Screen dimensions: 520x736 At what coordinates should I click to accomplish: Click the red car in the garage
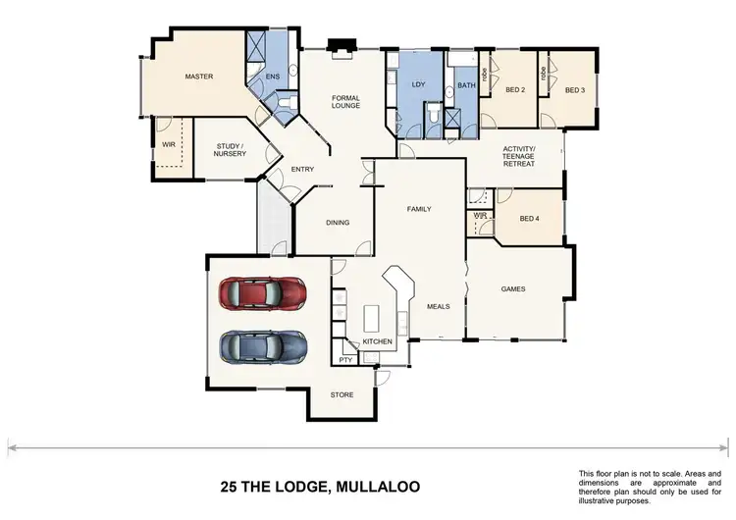coord(262,293)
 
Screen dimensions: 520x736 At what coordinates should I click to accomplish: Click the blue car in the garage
coord(262,346)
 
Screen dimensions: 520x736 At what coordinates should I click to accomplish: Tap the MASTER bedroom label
coord(199,77)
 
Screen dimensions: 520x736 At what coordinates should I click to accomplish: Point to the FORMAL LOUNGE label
coord(345,101)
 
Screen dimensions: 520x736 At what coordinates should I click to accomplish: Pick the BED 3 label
coord(574,90)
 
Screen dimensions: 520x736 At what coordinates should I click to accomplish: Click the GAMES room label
coord(513,289)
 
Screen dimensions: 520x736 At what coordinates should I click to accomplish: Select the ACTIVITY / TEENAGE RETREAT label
coord(518,157)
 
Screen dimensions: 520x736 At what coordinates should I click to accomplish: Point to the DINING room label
coord(338,223)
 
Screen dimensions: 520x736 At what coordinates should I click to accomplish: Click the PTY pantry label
coord(345,360)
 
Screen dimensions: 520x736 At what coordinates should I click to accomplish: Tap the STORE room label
coord(342,395)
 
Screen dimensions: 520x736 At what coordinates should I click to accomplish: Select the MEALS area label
coord(438,306)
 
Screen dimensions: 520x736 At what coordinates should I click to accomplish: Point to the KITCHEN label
coord(378,341)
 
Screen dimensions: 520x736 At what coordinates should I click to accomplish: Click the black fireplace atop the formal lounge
coord(342,45)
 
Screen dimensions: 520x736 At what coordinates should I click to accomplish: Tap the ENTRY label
coord(302,170)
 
